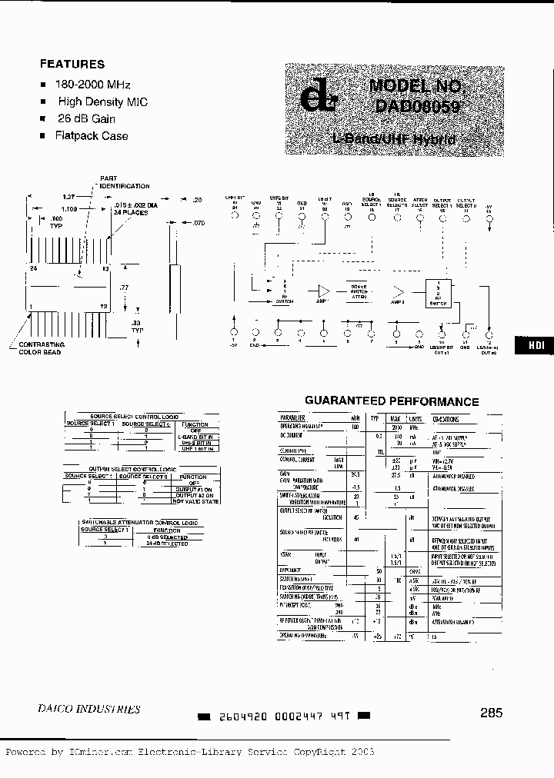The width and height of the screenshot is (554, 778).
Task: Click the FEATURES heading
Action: pyautogui.click(x=72, y=64)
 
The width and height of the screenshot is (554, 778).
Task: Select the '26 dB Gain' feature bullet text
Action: pyautogui.click(x=85, y=118)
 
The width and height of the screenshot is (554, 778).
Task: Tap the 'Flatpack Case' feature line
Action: pyautogui.click(x=92, y=135)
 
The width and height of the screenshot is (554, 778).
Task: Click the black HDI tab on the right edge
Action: pyautogui.click(x=536, y=345)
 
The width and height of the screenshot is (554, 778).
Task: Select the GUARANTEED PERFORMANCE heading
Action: pyautogui.click(x=392, y=401)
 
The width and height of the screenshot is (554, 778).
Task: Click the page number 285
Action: pyautogui.click(x=490, y=713)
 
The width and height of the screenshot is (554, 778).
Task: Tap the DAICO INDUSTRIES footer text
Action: pyautogui.click(x=89, y=709)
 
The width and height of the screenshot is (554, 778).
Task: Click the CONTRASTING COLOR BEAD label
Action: pyautogui.click(x=41, y=348)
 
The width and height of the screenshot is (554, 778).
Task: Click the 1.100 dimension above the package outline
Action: pyautogui.click(x=68, y=209)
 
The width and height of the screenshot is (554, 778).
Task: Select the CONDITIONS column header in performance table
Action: pyautogui.click(x=446, y=420)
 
